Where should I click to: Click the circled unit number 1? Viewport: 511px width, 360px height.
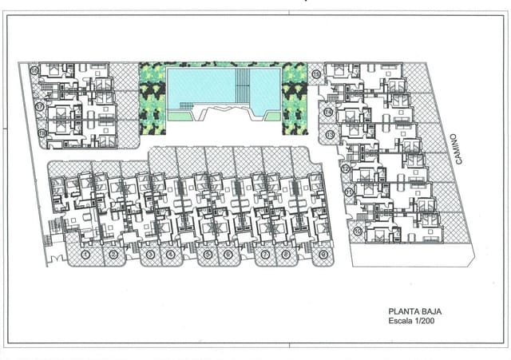85,255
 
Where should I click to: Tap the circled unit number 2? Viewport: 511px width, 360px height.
113,255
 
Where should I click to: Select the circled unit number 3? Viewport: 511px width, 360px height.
149,255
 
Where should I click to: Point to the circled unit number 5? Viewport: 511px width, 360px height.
208,255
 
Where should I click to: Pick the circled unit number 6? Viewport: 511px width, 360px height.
228,255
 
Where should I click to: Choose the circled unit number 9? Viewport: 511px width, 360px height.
323,255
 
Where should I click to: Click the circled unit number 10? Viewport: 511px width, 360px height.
357,231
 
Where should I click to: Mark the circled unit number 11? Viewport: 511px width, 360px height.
349,192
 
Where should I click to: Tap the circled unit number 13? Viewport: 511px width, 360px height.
331,135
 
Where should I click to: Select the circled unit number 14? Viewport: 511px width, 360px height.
329,112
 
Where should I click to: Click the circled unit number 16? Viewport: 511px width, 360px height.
34,71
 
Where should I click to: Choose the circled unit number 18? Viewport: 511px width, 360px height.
41,133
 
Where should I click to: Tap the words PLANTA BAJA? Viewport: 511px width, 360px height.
414,312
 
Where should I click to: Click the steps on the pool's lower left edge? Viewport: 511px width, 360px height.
185,107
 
